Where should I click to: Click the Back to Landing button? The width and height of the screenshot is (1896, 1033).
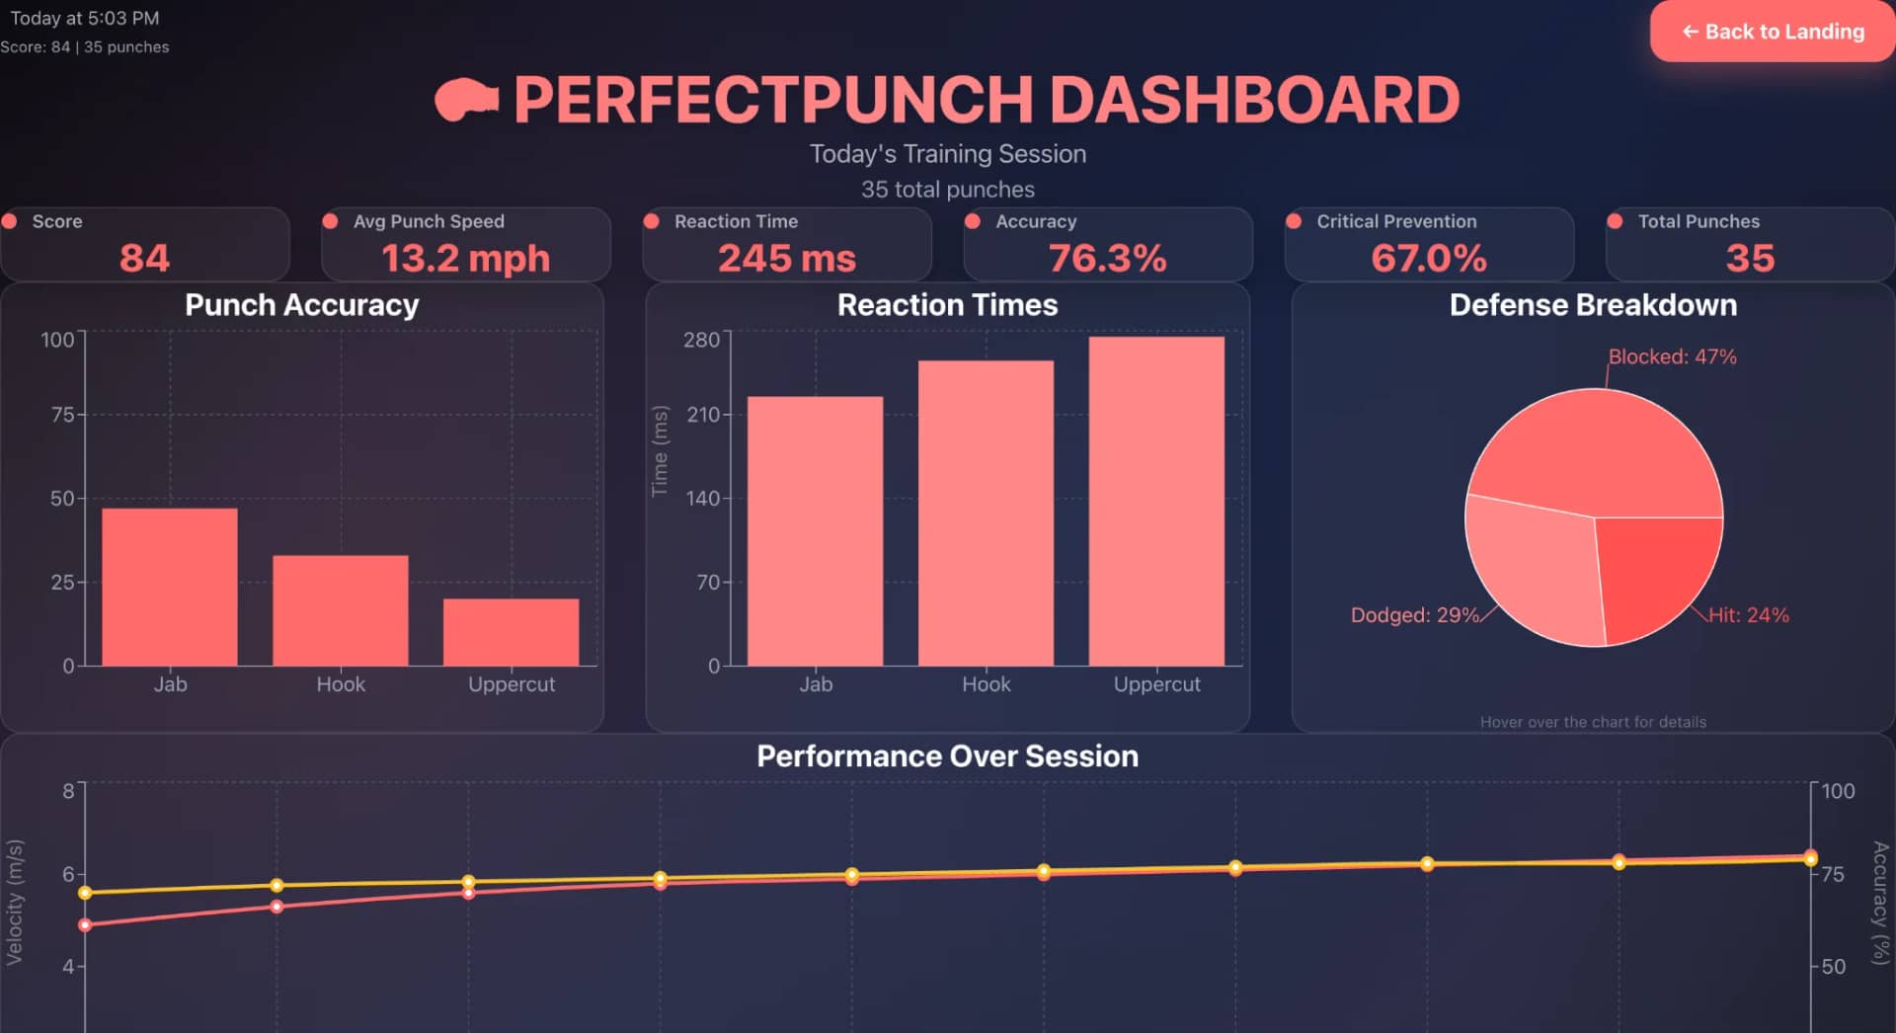(1773, 32)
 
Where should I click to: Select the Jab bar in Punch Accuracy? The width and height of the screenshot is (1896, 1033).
(170, 587)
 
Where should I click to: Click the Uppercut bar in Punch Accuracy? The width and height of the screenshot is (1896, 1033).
(511, 632)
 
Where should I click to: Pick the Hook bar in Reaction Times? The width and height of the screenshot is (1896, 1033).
(986, 513)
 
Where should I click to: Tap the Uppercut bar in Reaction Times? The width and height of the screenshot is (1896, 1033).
(1156, 501)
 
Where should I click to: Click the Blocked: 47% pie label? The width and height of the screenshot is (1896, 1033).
(1672, 357)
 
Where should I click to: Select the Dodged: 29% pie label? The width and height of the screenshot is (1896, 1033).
(1414, 615)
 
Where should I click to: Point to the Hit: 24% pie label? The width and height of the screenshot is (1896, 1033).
(1748, 615)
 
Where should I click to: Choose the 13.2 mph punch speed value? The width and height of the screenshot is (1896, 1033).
(465, 259)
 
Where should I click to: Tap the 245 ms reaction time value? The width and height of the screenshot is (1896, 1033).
(786, 259)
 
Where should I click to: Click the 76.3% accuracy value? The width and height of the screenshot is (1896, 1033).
(1107, 259)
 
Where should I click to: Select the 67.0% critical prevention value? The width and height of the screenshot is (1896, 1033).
(1428, 259)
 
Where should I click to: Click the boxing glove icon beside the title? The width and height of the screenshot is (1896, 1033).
(466, 100)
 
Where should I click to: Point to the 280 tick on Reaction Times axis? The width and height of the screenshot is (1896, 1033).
(701, 340)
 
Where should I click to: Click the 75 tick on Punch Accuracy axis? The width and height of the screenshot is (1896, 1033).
(62, 415)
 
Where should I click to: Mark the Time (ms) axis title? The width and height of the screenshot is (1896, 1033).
(660, 451)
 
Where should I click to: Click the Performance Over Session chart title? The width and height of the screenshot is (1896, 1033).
(947, 756)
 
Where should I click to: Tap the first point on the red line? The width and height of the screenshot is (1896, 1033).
(85, 925)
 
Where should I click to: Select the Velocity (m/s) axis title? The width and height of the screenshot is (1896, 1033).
(14, 902)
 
